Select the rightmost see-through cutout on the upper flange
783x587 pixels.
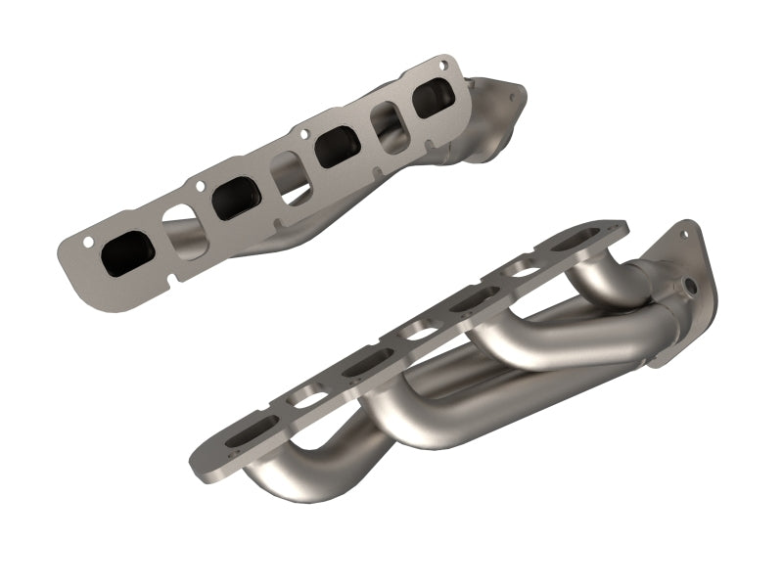(x=388, y=125)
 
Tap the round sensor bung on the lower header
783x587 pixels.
(x=692, y=286)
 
